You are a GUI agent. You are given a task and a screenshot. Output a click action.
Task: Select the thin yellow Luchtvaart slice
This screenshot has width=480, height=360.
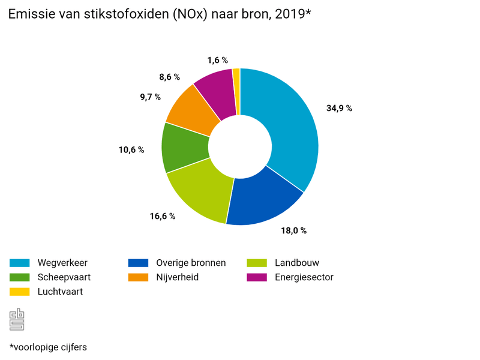click(x=236, y=90)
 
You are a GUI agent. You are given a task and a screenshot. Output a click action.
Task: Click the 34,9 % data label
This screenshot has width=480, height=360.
click(x=339, y=109)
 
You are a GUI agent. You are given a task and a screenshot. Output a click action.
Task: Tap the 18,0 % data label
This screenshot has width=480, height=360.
click(x=294, y=230)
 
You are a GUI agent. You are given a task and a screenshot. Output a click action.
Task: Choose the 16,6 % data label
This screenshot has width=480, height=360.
click(x=163, y=216)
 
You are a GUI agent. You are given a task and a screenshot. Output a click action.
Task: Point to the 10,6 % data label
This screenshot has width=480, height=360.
click(x=131, y=149)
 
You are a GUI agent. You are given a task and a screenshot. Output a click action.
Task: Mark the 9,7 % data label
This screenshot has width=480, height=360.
click(x=148, y=97)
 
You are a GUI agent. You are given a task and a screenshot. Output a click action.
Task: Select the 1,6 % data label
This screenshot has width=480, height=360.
click(x=218, y=60)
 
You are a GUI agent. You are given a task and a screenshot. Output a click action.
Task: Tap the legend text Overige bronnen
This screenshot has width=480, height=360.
click(x=191, y=263)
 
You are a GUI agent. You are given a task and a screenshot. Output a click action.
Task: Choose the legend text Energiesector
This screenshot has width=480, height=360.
click(x=304, y=277)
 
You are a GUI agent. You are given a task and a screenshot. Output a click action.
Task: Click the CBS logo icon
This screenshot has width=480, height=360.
click(x=17, y=319)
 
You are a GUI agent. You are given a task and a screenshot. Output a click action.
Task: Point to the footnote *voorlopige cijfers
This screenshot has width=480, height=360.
click(x=48, y=347)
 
